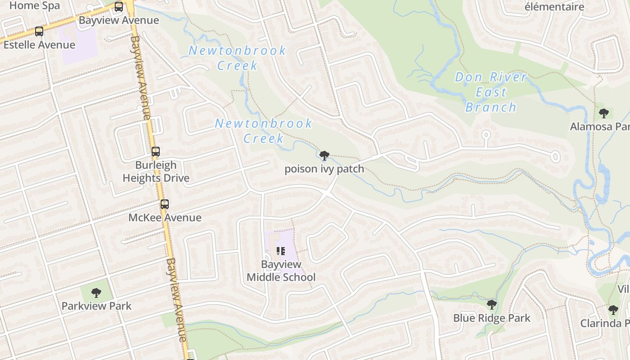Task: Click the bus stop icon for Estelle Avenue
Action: (39, 31)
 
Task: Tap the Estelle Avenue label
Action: (39, 45)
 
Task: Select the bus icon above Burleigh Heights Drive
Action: (156, 152)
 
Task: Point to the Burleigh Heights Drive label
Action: (156, 171)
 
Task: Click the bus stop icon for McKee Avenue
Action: (165, 204)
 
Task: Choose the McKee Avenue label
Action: (165, 218)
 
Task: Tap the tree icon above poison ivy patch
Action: (324, 156)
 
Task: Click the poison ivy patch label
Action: (324, 169)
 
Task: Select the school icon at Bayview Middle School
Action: (281, 251)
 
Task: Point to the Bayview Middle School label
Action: (281, 270)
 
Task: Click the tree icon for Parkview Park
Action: (96, 293)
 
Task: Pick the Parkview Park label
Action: (96, 306)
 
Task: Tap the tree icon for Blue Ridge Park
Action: (492, 305)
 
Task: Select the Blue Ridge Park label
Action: (492, 318)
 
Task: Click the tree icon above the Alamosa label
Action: (603, 113)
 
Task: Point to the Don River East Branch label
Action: (490, 92)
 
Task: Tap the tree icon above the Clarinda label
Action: (613, 310)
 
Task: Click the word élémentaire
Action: (554, 7)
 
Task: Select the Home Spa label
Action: (34, 6)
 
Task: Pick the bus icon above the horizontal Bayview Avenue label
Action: (119, 7)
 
